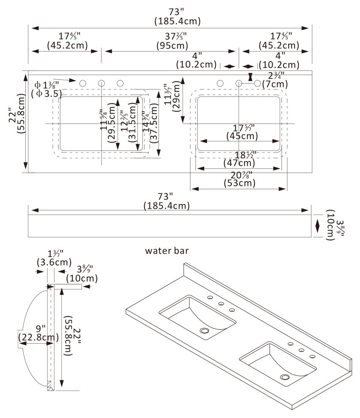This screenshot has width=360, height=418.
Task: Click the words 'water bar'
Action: click(167, 251)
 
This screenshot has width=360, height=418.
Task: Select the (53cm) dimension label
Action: click(240, 183)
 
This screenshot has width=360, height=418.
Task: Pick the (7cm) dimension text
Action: click(275, 84)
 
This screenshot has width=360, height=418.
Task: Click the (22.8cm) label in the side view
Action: click(38, 337)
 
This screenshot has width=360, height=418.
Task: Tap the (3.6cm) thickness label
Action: click(50, 262)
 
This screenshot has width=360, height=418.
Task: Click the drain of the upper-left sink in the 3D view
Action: click(205, 330)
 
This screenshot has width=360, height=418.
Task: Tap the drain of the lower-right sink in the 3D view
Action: click(286, 377)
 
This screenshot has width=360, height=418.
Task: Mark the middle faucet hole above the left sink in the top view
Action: click(102, 83)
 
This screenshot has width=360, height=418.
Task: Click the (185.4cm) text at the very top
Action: click(177, 21)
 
